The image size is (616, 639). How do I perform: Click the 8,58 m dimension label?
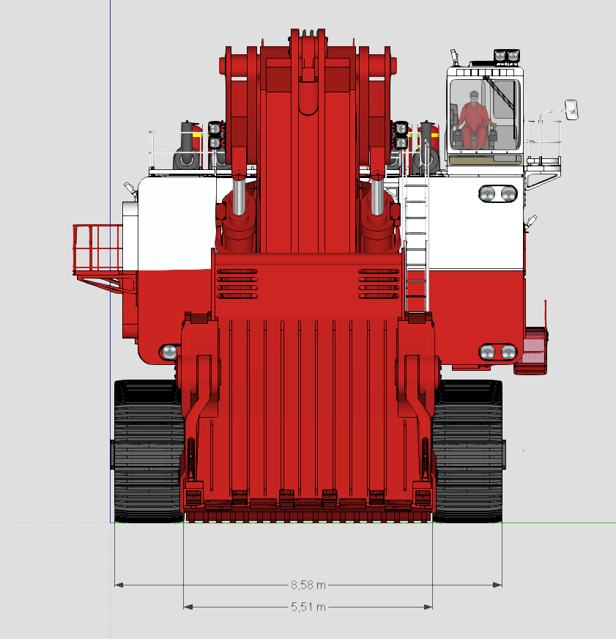point(308,586)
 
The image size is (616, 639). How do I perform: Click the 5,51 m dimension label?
point(308,607)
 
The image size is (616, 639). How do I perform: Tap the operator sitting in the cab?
point(474,120)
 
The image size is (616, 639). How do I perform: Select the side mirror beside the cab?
point(571,110)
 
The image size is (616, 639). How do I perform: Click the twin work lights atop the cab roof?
point(507,56)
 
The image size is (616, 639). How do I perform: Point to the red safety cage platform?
point(97,249)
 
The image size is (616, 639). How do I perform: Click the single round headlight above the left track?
point(169,352)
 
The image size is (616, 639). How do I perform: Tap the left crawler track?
point(148,451)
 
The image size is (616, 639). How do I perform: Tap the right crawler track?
point(467,451)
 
